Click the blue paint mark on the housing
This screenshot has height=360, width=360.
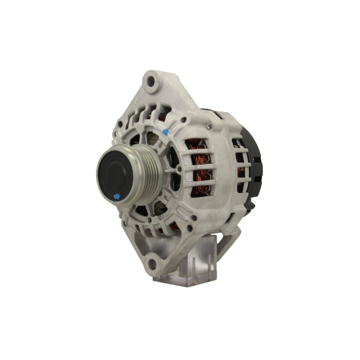(x=165, y=132)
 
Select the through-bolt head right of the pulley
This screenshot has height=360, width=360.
(x=179, y=168)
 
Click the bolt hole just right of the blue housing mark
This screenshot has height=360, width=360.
(x=184, y=120)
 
